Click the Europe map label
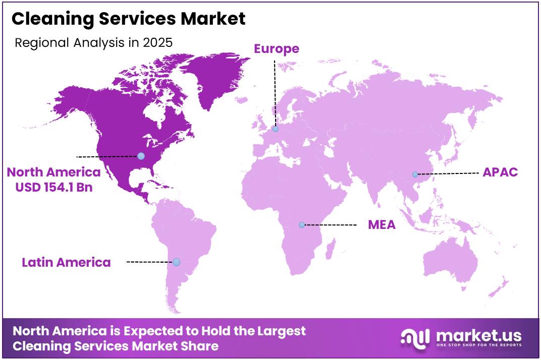(276, 49)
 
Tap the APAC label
(500, 172)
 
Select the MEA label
(382, 224)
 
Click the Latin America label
(66, 262)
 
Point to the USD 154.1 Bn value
(53, 187)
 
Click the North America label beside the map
(53, 172)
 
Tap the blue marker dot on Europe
(276, 129)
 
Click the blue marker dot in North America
(141, 156)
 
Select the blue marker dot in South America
(176, 262)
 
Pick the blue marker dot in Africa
(302, 225)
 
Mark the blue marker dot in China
(415, 174)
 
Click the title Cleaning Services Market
(129, 19)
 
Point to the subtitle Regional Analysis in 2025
(93, 42)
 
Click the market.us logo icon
(415, 338)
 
